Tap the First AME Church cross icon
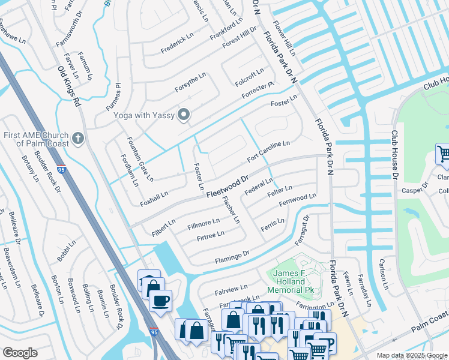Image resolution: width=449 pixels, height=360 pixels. click(x=77, y=139)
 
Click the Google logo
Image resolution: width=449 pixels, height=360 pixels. click(x=20, y=353)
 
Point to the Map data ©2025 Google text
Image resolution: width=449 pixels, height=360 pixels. click(x=412, y=355)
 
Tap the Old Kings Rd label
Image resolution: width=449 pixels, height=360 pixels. click(x=69, y=86)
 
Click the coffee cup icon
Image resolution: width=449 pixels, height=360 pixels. click(x=160, y=300)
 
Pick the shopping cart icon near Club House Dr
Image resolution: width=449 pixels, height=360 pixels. click(x=442, y=154)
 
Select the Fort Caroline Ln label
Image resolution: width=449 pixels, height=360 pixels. click(x=269, y=152)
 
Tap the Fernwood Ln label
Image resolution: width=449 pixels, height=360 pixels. click(x=297, y=200)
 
